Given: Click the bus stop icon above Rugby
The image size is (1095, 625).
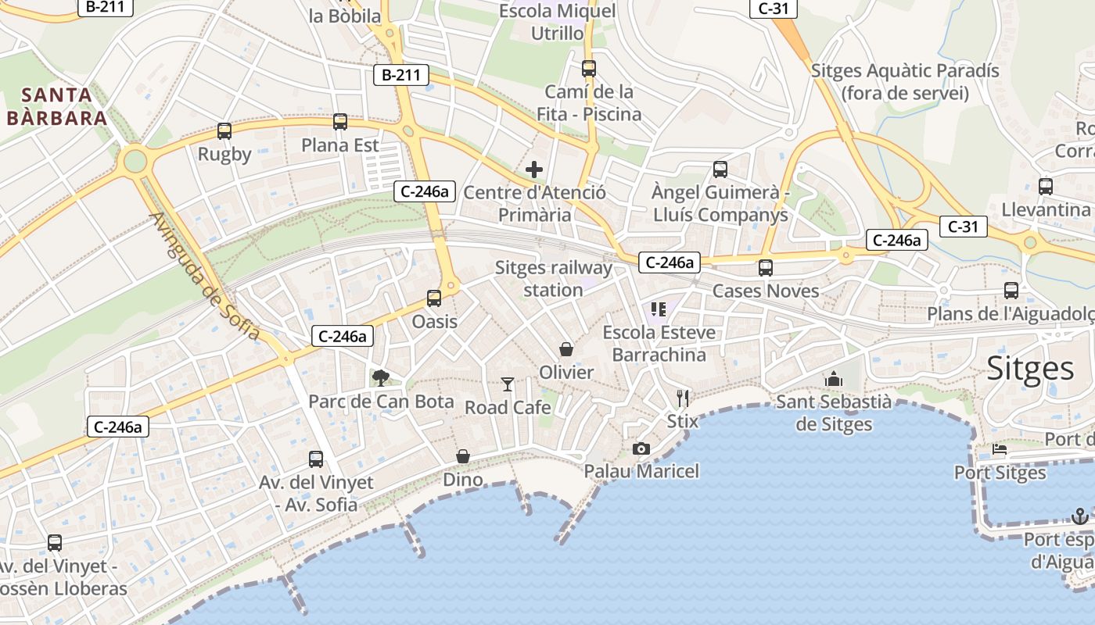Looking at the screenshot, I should [x=224, y=131].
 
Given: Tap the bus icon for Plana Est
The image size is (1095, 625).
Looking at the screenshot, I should [x=340, y=122].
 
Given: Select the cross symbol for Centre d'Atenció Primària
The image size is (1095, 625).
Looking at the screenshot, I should [x=534, y=169].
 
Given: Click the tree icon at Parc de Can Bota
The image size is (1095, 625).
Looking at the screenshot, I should [x=381, y=378].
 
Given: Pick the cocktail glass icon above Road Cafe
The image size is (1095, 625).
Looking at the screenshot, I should [x=508, y=384].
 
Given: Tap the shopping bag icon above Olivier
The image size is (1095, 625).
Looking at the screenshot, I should [x=566, y=348].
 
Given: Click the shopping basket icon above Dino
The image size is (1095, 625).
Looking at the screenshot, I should [x=463, y=455].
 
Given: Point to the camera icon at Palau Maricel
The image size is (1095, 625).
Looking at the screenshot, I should [x=641, y=448].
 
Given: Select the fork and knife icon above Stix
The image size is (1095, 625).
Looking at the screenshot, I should [x=683, y=398].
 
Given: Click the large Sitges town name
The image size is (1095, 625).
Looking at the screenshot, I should [x=1030, y=368].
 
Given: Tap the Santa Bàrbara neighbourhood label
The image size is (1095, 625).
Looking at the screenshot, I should [x=56, y=107].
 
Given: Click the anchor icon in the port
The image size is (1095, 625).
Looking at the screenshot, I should [x=1080, y=516].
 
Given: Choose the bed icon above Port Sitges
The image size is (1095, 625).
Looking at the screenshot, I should [x=1000, y=449].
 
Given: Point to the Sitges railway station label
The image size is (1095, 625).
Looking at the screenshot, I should [x=554, y=279].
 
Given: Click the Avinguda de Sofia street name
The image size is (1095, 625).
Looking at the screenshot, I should [x=204, y=276].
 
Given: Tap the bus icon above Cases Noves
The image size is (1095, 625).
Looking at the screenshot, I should [x=766, y=267].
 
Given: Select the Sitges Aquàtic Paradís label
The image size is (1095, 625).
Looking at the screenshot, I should [x=905, y=82].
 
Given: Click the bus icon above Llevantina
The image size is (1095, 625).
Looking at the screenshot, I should [x=1046, y=186].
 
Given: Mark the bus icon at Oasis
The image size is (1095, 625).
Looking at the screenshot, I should [x=434, y=298].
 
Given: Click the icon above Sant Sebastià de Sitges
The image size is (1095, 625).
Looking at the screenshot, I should [x=834, y=379].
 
